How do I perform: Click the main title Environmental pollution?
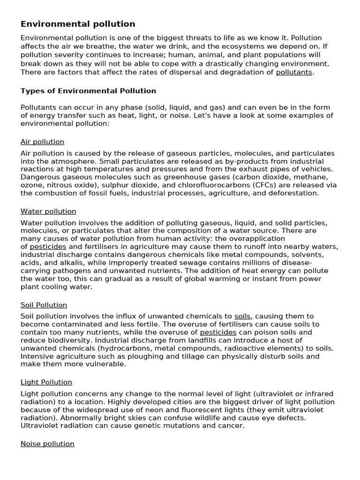pos(78,24)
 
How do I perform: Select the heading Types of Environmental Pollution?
pos(88,91)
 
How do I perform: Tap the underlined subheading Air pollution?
pos(42,142)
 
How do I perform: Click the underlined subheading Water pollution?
pos(48,211)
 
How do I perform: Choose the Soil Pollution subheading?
pos(44,305)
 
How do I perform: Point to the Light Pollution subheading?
pos(46,382)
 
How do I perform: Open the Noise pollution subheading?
pos(47,443)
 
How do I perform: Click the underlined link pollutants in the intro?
pos(294,72)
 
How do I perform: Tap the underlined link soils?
pos(242,316)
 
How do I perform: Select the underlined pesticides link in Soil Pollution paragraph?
pos(218,332)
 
